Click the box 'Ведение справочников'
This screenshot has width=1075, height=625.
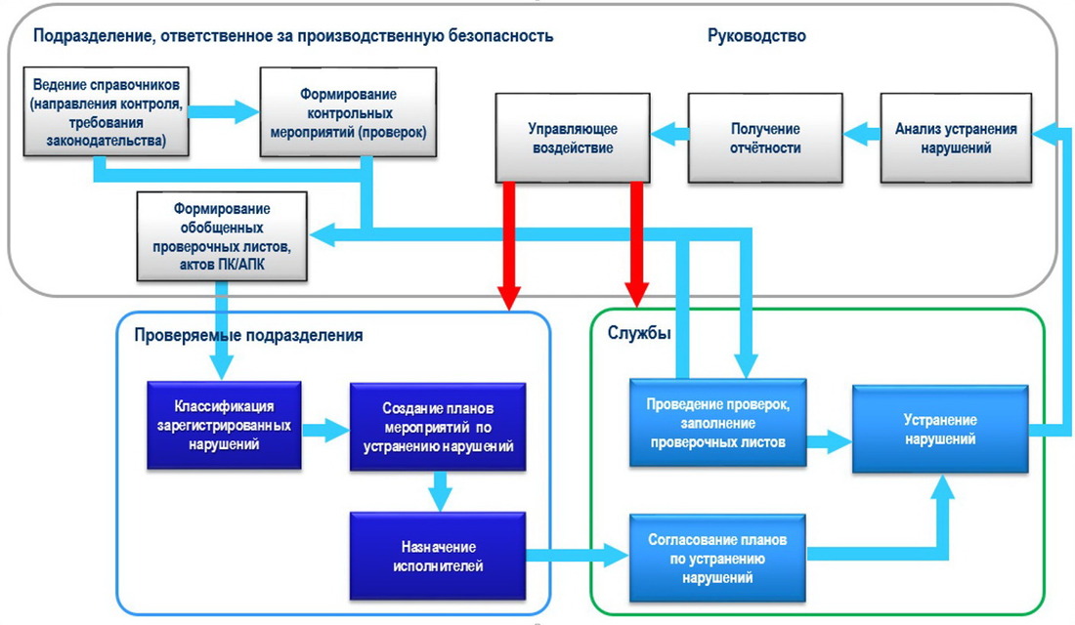(x=107, y=111)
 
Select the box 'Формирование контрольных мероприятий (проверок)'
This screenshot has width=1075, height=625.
(x=348, y=112)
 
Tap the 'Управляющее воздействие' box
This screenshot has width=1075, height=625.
(x=573, y=138)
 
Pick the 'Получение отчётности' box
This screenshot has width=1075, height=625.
(x=765, y=138)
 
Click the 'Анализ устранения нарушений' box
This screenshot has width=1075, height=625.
(x=956, y=138)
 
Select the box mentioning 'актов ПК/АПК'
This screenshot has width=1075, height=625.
(x=222, y=236)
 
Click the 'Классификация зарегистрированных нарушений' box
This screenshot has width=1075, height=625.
(x=224, y=426)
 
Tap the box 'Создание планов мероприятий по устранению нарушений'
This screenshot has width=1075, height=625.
(x=438, y=427)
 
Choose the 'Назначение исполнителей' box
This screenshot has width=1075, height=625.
(x=438, y=557)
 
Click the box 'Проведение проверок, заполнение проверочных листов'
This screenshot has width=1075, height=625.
(x=718, y=423)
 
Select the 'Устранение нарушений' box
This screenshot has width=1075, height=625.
(x=940, y=429)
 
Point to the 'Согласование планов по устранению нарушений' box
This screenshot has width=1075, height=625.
(x=717, y=559)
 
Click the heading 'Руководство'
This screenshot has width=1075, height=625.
(x=756, y=35)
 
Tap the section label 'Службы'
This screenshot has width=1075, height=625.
(x=639, y=333)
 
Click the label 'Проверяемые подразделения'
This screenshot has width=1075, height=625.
(x=248, y=335)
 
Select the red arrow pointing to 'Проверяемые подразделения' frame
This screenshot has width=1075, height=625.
(x=509, y=246)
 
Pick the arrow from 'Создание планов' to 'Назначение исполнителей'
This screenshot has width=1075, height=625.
(x=440, y=491)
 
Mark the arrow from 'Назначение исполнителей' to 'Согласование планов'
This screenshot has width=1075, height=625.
(x=578, y=554)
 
